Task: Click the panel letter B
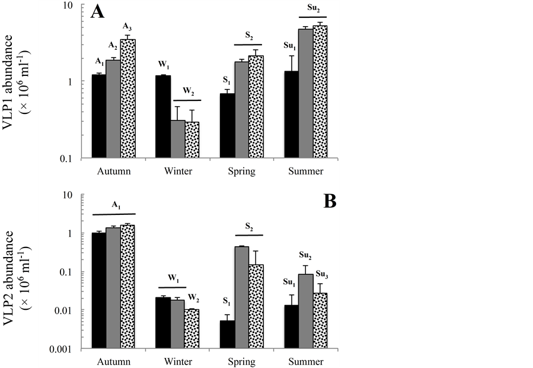(x=330, y=202)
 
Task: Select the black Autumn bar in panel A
(x=98, y=116)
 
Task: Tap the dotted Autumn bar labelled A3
(x=128, y=99)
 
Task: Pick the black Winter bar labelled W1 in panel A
(x=163, y=117)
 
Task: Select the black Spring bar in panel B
(x=227, y=335)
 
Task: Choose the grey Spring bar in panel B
(x=241, y=297)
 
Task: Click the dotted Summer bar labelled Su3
(x=320, y=321)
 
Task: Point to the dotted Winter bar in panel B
(x=192, y=329)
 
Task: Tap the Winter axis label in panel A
(x=178, y=172)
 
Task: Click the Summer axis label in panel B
(x=306, y=361)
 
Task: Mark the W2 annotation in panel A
(x=188, y=91)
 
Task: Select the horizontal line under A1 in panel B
(x=114, y=214)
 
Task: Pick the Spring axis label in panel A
(x=241, y=172)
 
